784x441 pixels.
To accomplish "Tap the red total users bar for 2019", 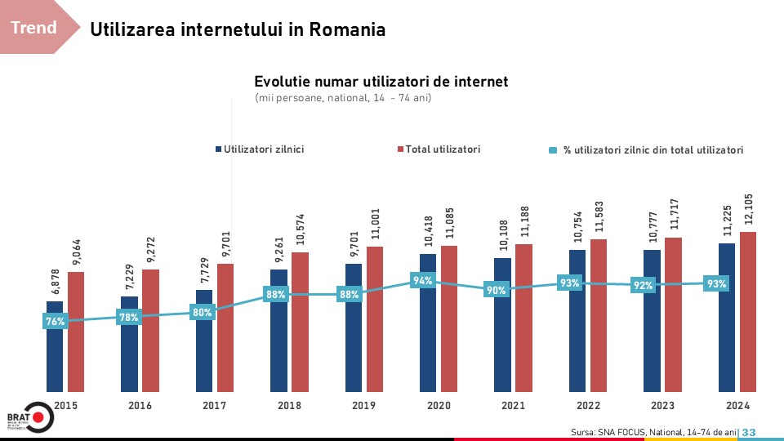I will (375, 319).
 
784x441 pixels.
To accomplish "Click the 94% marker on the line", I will (423, 281).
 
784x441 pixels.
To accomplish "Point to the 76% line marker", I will (55, 322).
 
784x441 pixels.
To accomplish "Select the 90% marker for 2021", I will (496, 290).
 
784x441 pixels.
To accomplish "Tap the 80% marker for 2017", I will (203, 312).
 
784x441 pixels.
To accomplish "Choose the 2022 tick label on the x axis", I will (587, 406).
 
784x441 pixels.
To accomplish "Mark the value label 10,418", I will (428, 230).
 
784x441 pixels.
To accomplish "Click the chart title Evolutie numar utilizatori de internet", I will (381, 82).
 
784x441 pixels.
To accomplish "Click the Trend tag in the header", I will (34, 28).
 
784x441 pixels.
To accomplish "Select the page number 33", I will (749, 432).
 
